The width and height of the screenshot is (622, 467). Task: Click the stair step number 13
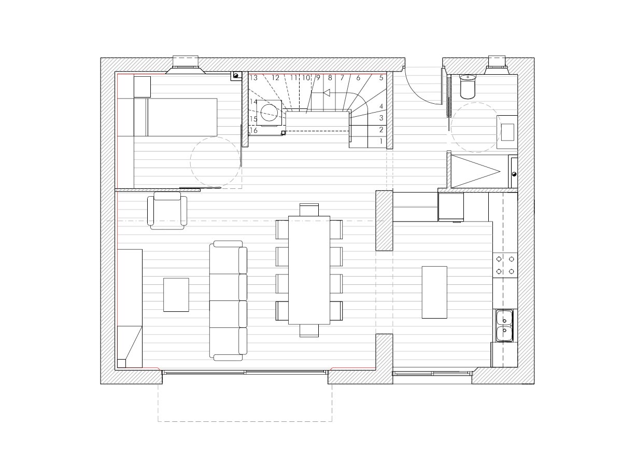point(253,78)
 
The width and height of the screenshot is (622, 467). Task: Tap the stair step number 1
point(381,141)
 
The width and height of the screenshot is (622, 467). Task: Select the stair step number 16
point(253,130)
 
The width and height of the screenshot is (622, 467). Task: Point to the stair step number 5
point(381,77)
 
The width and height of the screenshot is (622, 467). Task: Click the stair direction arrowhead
point(327,93)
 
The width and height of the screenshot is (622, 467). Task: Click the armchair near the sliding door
point(167,210)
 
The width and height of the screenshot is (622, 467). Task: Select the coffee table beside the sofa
point(176,295)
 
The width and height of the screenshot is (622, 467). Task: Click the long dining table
point(309,270)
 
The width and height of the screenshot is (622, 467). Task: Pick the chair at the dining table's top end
point(309,210)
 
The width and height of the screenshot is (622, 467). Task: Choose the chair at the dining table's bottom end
point(309,331)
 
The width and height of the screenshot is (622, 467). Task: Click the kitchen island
point(434,292)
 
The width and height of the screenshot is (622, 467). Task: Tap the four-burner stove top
point(505,265)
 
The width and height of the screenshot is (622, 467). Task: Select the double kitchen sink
point(504,325)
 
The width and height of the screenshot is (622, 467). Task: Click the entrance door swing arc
point(417,93)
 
